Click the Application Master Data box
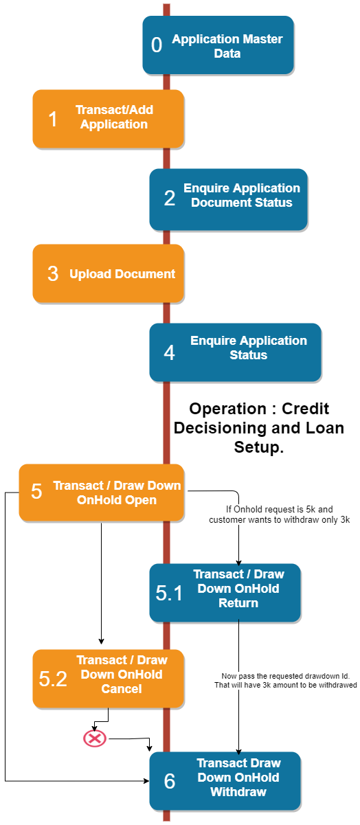pyautogui.click(x=218, y=45)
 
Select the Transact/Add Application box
pyautogui.click(x=108, y=118)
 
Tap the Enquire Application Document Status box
pyautogui.click(x=228, y=199)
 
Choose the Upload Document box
pyautogui.click(x=108, y=273)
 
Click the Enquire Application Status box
pyautogui.click(x=235, y=352)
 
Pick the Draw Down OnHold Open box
pyautogui.click(x=101, y=493)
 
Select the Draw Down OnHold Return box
pyautogui.click(x=225, y=592)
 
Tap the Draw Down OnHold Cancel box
pyautogui.click(x=108, y=678)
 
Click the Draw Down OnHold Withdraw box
pyautogui.click(x=225, y=780)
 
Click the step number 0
pyautogui.click(x=157, y=45)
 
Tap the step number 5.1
pyautogui.click(x=169, y=594)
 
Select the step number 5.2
pyautogui.click(x=53, y=679)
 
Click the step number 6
pyautogui.click(x=169, y=782)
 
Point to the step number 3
pyautogui.click(x=53, y=273)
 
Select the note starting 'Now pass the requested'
pyautogui.click(x=289, y=680)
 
